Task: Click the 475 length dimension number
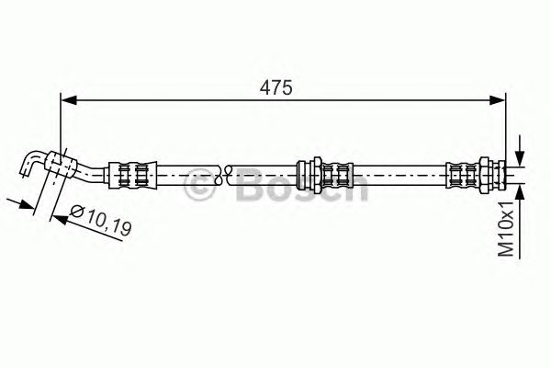point(275,87)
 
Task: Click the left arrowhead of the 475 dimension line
point(69,100)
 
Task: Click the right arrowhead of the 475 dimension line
point(498,100)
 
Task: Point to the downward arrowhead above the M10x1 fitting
point(520,158)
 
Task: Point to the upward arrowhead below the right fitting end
point(520,192)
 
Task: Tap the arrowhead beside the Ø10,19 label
point(60,219)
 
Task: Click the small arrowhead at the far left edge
point(27,205)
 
